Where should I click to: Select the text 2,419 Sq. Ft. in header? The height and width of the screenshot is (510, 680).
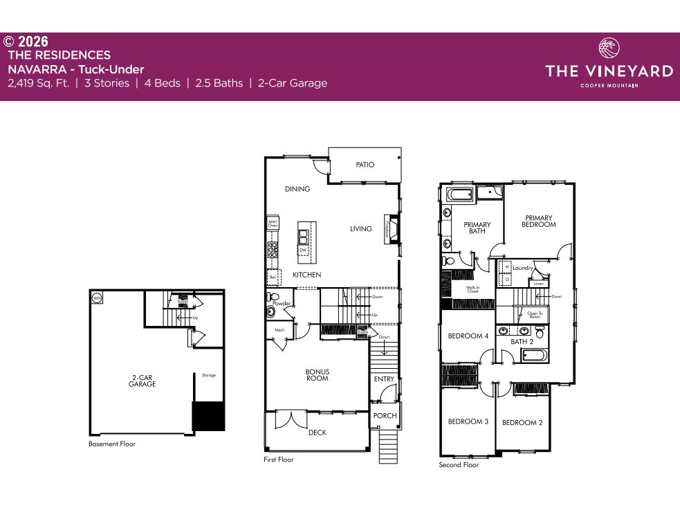[x=38, y=83]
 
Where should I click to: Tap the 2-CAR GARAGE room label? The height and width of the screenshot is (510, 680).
[x=142, y=381]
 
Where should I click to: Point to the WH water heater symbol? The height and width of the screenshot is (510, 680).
[x=97, y=298]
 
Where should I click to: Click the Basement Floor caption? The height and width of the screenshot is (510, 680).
[x=112, y=444]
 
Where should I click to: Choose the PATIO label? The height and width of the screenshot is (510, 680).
[x=365, y=165]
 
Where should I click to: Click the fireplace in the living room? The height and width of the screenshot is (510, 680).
[x=392, y=229]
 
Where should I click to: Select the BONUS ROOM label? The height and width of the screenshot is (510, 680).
[x=318, y=375]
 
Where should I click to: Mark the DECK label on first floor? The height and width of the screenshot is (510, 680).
[x=317, y=432]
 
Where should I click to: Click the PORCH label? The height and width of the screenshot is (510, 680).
[x=385, y=416]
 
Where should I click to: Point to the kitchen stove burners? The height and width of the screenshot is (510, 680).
[x=273, y=249]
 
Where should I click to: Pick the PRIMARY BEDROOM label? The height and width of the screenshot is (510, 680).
[x=540, y=221]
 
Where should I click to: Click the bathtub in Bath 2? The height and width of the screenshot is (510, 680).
[x=534, y=356]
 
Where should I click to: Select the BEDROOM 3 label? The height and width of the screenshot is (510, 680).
[x=468, y=421]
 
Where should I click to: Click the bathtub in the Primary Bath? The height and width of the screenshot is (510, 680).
[x=459, y=194]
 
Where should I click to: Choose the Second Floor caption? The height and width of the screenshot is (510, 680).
[x=459, y=465]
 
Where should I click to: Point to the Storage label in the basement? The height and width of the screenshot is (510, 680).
[x=208, y=375]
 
